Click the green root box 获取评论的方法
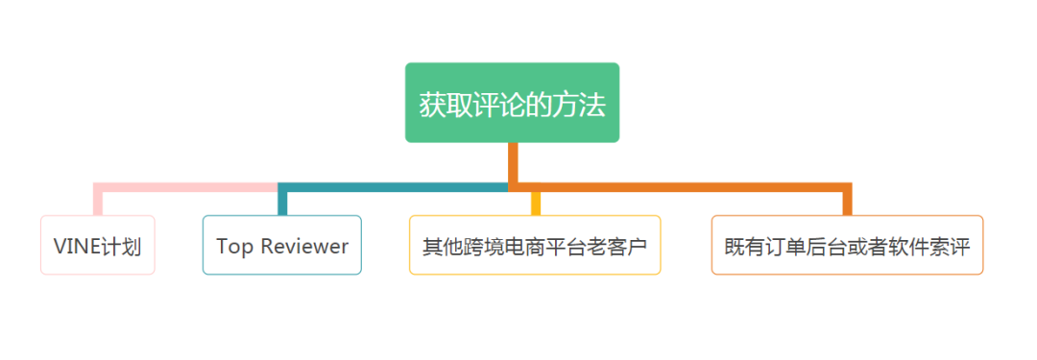(x=512, y=103)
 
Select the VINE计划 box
(x=97, y=246)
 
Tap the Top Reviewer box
(x=281, y=246)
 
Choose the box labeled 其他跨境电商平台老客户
(x=535, y=246)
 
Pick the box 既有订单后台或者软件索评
(x=847, y=246)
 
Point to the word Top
(x=233, y=246)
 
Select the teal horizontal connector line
(x=394, y=186)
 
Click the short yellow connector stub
(x=535, y=203)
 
